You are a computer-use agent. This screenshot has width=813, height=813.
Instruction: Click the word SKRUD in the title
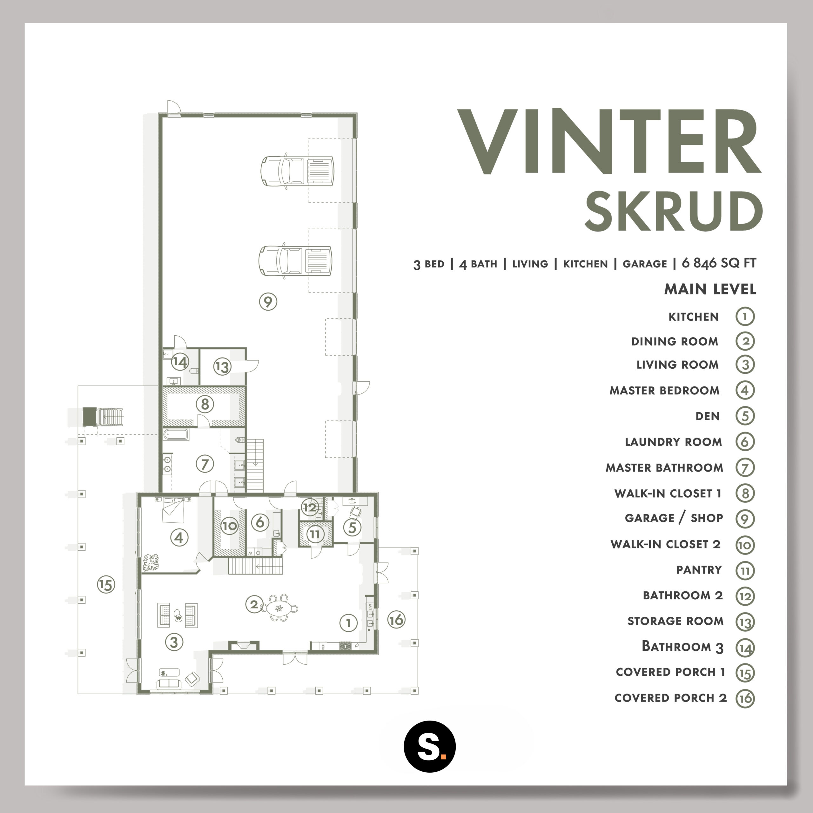(674, 211)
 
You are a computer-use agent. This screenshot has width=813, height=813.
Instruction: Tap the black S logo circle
(430, 747)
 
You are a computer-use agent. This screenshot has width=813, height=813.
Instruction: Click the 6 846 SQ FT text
(719, 263)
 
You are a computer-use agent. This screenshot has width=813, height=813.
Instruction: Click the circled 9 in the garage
(268, 301)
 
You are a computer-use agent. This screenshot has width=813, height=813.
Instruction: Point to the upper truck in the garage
(297, 171)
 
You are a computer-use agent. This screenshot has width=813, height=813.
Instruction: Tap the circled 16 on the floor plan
(396, 620)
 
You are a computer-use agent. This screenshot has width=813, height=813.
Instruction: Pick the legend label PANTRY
(699, 570)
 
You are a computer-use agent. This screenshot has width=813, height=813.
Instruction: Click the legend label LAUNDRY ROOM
(673, 442)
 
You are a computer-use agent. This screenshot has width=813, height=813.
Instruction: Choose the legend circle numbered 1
(745, 316)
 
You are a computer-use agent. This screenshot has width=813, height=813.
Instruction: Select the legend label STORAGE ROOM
(675, 621)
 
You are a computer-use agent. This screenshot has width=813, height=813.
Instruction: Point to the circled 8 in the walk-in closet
(205, 404)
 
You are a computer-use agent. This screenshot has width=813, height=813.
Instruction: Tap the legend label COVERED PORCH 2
(671, 698)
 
